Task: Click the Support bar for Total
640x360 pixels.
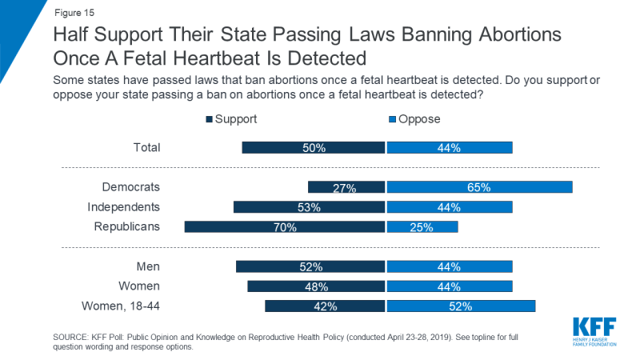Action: click(314, 147)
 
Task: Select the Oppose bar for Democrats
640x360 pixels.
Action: click(479, 187)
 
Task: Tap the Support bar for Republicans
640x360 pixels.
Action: click(285, 226)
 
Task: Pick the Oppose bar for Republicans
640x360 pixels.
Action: click(422, 226)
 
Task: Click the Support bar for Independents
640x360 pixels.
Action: click(310, 207)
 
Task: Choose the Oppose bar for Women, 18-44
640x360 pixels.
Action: click(460, 306)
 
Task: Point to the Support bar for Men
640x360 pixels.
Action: click(310, 266)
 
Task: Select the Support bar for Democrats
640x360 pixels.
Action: click(346, 187)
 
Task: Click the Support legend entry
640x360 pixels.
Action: click(240, 119)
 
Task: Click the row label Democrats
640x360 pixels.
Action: click(131, 187)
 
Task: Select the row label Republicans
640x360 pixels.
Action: click(128, 226)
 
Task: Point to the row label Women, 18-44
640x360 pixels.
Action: click(122, 306)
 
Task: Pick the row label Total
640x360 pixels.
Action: click(146, 147)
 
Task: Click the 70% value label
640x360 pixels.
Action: click(285, 227)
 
